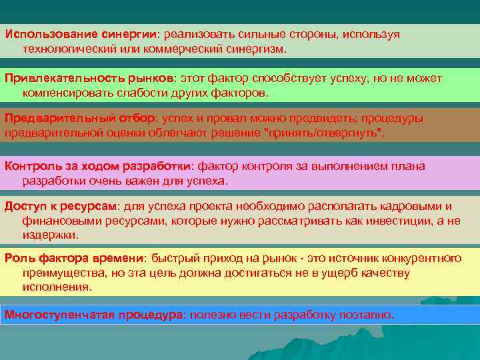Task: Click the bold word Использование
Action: [44, 35]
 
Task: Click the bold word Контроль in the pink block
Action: [31, 166]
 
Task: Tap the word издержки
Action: [50, 235]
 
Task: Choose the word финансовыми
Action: [63, 221]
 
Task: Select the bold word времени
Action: [118, 258]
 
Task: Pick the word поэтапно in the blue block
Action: [367, 314]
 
